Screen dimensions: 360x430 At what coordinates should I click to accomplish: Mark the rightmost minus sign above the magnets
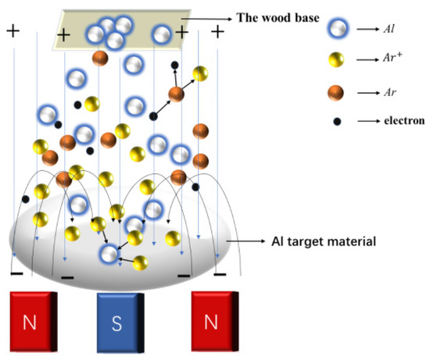click(x=220, y=275)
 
